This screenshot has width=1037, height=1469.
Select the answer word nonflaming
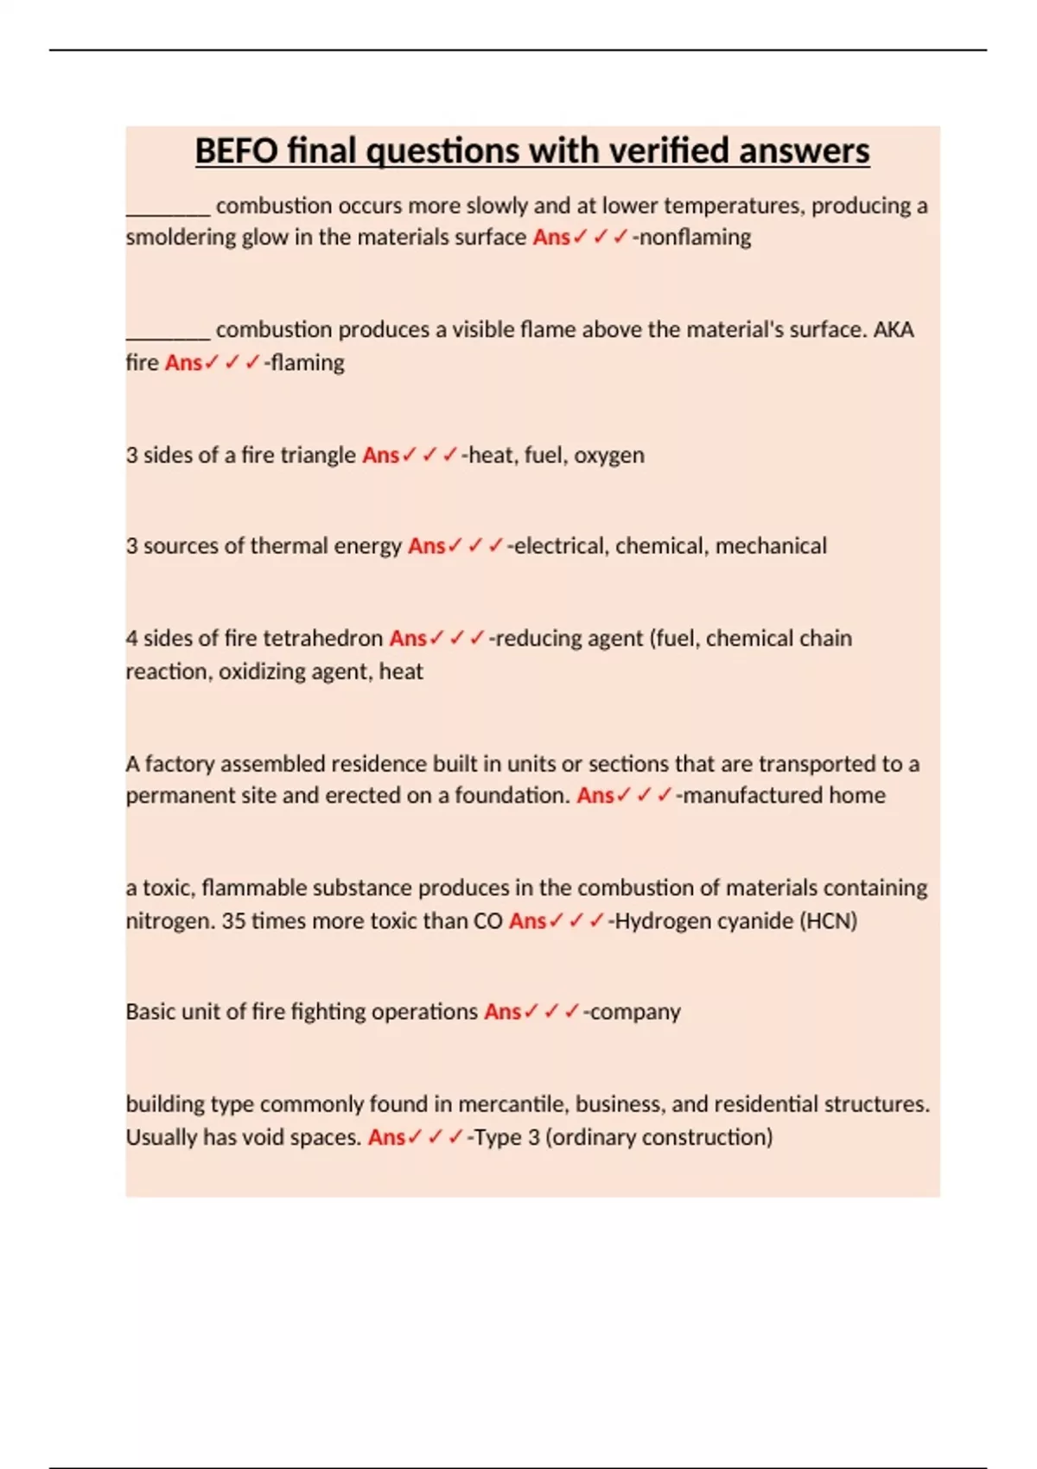point(696,237)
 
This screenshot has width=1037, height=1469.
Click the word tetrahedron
point(321,639)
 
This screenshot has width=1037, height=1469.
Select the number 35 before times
point(233,921)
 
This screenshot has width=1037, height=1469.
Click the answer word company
point(635,1012)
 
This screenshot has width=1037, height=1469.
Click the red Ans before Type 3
point(386,1137)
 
